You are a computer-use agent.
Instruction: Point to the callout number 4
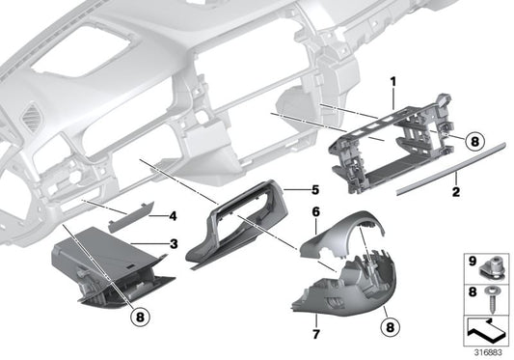(x=174, y=215)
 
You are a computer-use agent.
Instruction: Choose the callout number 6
(x=314, y=210)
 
